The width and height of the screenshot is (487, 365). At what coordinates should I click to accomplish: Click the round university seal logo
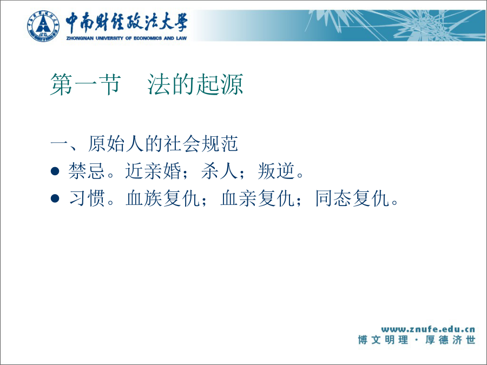pos(43,26)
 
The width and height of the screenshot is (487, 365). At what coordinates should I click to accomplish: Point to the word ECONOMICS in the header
pos(148,38)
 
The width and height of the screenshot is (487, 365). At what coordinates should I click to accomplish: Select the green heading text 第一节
pos(85,84)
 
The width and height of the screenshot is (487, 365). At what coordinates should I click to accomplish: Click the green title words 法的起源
pos(195,84)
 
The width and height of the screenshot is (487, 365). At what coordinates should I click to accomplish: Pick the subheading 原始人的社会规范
pos(163,144)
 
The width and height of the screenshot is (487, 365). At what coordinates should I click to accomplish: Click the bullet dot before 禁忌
pos(55,171)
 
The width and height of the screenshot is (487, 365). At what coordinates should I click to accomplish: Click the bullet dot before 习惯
pos(55,198)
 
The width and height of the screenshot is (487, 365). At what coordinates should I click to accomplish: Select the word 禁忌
pos(87,171)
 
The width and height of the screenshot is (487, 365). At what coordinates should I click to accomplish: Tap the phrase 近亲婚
pos(153,171)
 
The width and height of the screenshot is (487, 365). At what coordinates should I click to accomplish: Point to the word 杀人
pos(219,171)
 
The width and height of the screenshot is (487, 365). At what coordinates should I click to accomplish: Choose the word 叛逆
pos(276,171)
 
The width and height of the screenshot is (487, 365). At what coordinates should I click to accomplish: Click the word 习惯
pos(87,198)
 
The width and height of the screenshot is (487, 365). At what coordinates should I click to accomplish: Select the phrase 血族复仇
pos(162,198)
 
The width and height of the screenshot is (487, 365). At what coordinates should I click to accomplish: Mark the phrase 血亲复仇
pos(257,198)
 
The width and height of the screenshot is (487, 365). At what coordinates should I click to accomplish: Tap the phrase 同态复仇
pos(352,198)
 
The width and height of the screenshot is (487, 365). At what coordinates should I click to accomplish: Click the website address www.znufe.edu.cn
pos(428,329)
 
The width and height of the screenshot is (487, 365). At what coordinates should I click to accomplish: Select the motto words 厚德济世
pos(450,340)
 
